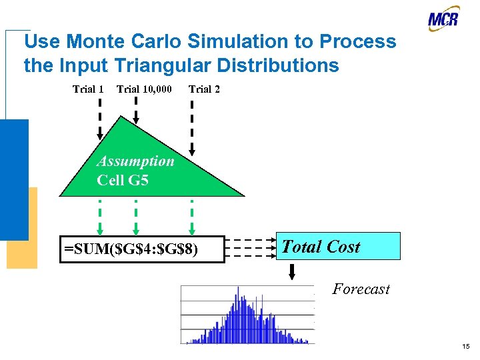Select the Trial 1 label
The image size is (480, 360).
coord(88,89)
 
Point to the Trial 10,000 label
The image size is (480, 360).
coord(144,89)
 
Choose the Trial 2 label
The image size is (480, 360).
coord(204,89)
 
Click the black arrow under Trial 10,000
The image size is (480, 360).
coord(136,110)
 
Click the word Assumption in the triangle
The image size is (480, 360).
coord(135,161)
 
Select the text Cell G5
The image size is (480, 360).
coord(122,180)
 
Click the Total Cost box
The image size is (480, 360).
coord(339,246)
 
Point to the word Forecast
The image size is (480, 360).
coord(361,289)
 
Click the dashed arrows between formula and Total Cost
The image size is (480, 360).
coord(250,248)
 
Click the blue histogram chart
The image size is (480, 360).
coord(247,315)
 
